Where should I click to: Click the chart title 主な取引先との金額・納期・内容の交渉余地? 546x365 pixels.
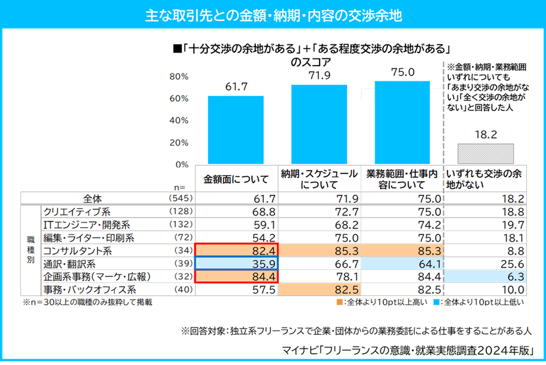[x=273, y=14]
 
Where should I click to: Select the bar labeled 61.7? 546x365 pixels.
[x=236, y=130]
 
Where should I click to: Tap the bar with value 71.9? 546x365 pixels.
[x=319, y=125]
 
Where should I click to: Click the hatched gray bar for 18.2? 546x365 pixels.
[x=485, y=154]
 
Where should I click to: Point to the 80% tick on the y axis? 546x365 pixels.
[x=179, y=77]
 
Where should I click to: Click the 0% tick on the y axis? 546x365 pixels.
[x=182, y=164]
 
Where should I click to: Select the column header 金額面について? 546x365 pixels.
[x=236, y=178]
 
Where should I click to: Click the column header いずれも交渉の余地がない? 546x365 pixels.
[x=485, y=179]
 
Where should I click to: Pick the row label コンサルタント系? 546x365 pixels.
[x=77, y=250]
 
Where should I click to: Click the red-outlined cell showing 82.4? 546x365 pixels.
[x=236, y=250]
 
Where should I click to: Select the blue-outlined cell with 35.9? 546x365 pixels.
[x=236, y=263]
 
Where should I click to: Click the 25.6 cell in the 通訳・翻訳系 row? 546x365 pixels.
[x=485, y=263]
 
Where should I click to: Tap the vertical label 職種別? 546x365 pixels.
[x=30, y=250]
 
